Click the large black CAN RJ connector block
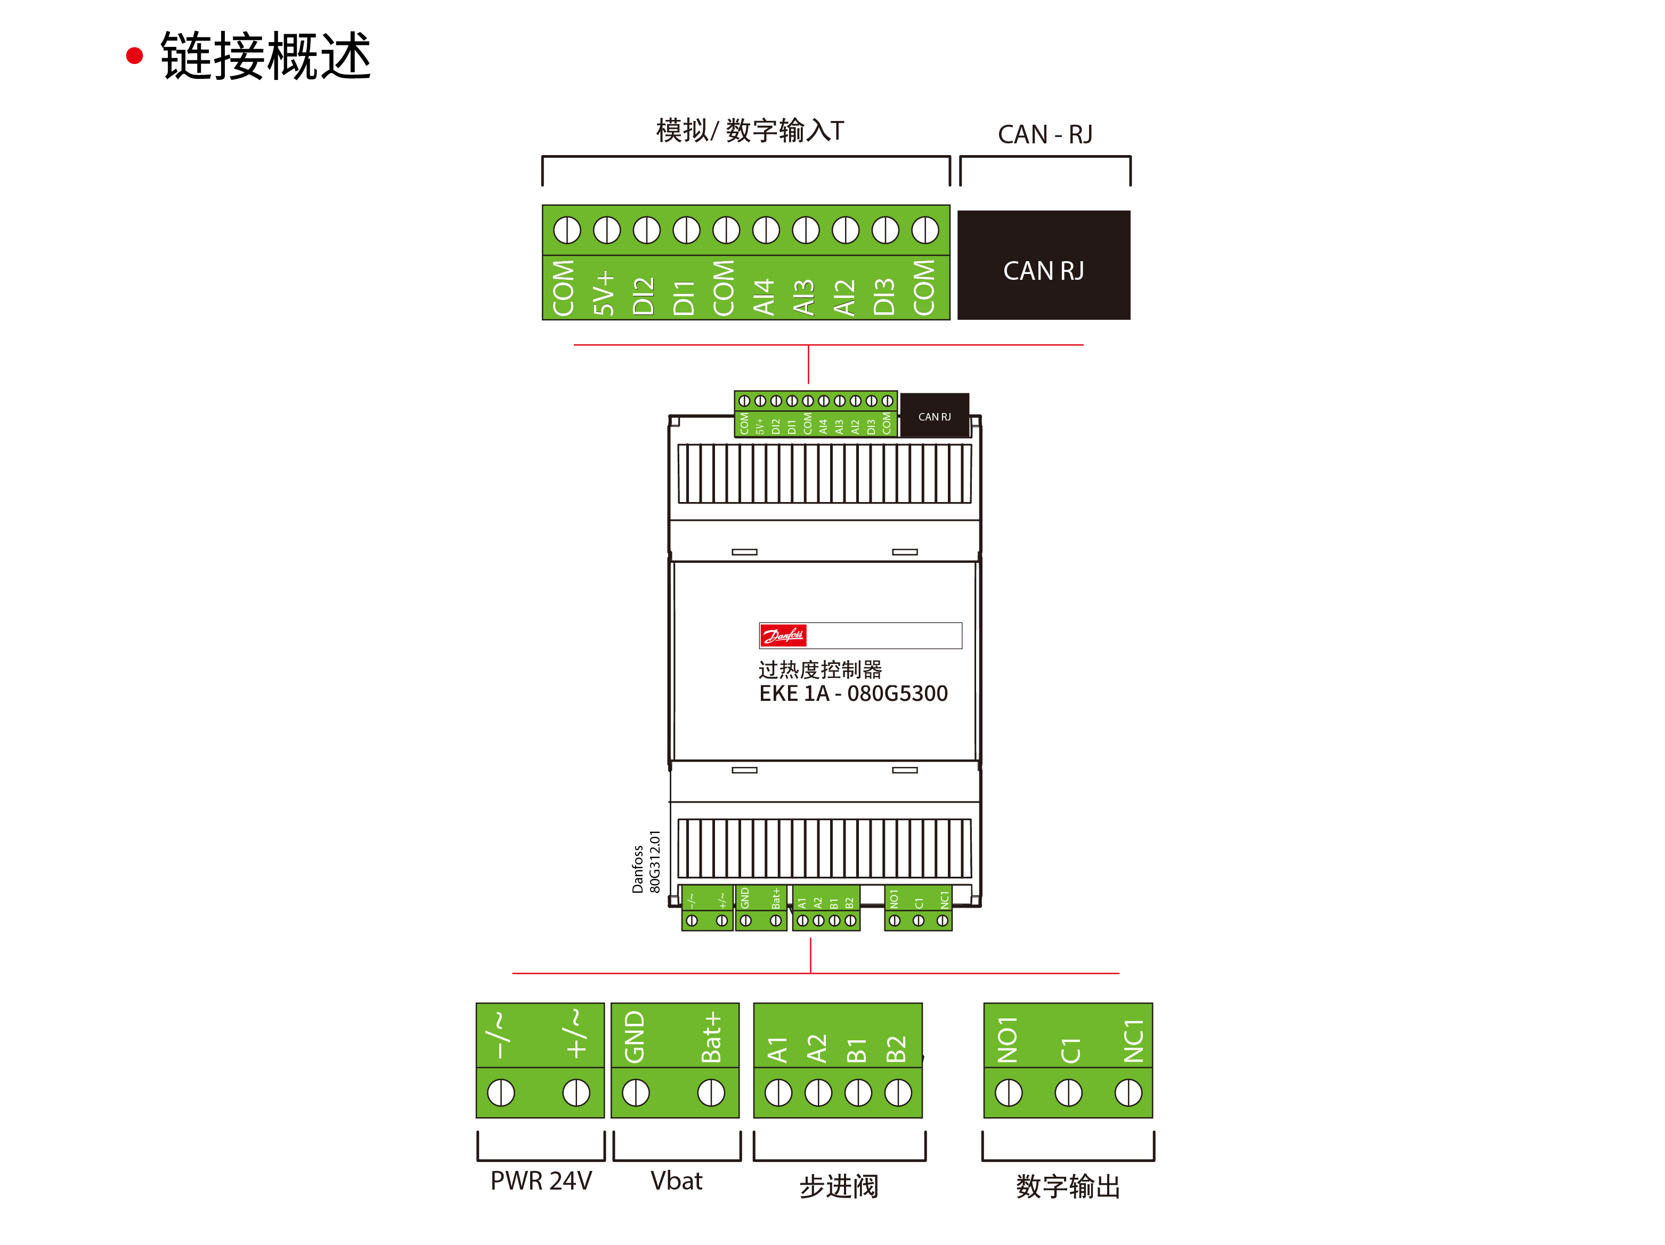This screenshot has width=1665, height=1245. pyautogui.click(x=1043, y=265)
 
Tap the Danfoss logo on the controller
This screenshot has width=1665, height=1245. pyautogui.click(x=783, y=636)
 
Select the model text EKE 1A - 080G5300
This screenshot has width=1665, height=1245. pyautogui.click(x=853, y=693)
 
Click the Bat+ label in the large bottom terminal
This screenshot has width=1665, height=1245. pyautogui.click(x=711, y=1037)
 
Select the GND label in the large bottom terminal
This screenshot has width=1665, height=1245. pyautogui.click(x=635, y=1037)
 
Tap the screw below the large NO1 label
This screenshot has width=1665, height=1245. pyautogui.click(x=1008, y=1092)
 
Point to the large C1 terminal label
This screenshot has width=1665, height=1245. pyautogui.click(x=1070, y=1049)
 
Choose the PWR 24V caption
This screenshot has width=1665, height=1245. pyautogui.click(x=541, y=1181)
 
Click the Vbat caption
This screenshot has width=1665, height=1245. pyautogui.click(x=676, y=1181)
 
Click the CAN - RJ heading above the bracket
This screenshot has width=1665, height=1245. pyautogui.click(x=1045, y=134)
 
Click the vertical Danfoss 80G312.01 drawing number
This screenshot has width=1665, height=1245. pyautogui.click(x=646, y=862)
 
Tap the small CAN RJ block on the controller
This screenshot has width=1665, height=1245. pyautogui.click(x=934, y=416)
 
